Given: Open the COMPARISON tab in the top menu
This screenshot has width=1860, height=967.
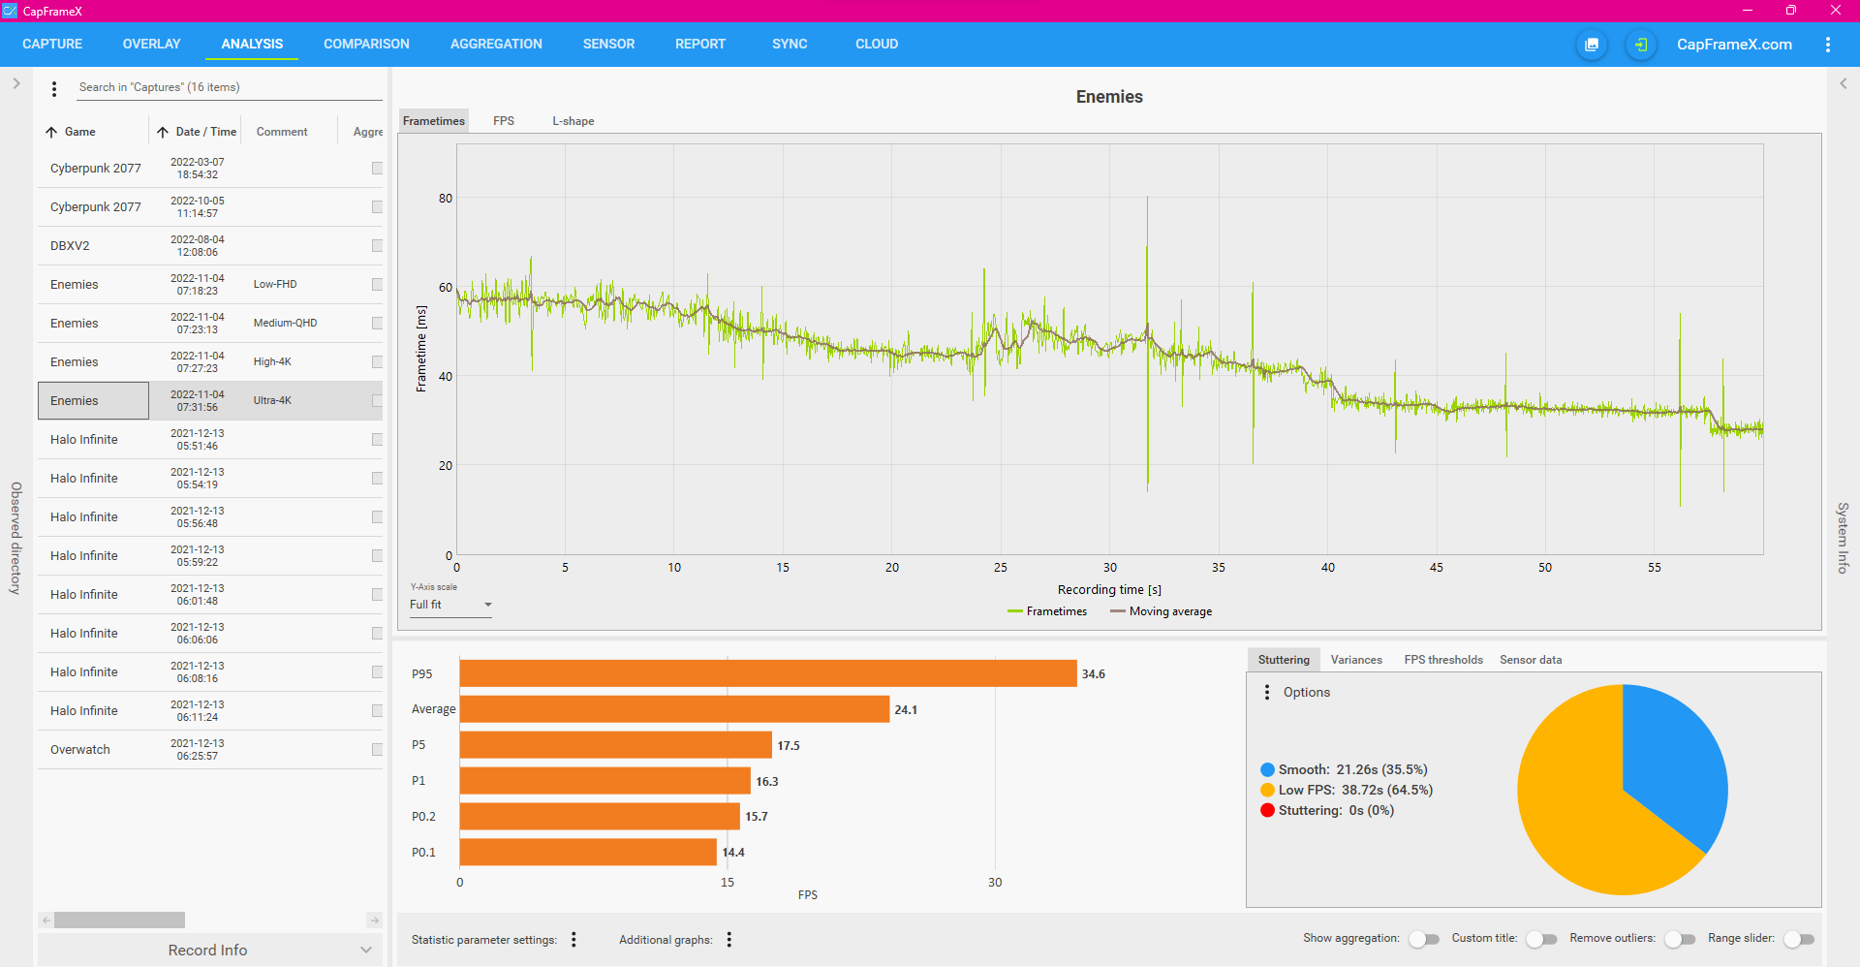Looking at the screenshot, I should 366,44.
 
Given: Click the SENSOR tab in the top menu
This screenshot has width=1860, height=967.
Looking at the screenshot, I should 608,44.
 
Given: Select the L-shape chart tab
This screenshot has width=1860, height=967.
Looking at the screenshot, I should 573,121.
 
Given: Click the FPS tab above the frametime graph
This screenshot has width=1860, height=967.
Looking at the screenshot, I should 503,121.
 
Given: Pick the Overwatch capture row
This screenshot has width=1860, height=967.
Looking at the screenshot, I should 80,750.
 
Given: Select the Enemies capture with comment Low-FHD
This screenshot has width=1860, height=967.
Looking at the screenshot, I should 75,285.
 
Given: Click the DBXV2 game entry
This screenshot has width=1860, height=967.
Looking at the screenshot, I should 70,246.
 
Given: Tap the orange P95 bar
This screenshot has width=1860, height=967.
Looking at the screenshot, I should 767,673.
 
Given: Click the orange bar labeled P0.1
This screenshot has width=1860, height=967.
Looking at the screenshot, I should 588,853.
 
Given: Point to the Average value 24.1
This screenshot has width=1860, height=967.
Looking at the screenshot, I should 906,710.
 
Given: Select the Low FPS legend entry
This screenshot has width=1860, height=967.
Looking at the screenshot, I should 1347,791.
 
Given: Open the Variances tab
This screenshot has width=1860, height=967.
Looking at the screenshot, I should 1355,660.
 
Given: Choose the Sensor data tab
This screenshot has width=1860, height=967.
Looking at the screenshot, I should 1530,660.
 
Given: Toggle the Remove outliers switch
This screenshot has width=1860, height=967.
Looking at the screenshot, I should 1680,939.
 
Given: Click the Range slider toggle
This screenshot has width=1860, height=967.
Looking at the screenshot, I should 1798,939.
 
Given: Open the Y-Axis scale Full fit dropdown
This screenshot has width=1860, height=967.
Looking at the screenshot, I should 450,605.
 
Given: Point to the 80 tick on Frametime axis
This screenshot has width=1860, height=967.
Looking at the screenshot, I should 446,199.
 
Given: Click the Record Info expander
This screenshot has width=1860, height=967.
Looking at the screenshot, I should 207,951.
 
